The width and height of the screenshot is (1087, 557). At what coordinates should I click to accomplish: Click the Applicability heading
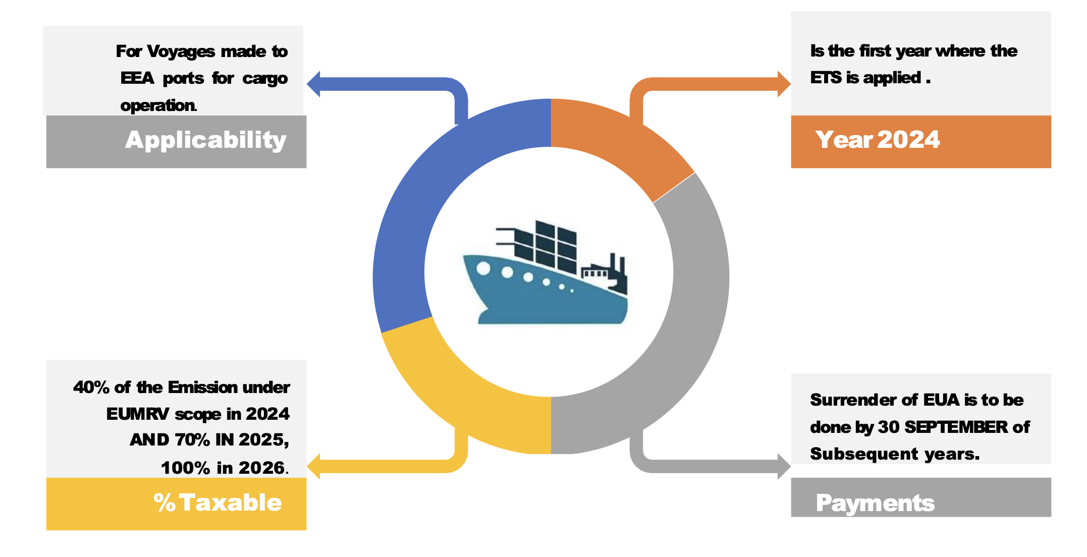click(x=205, y=140)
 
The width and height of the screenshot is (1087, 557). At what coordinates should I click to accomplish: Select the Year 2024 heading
click(x=877, y=140)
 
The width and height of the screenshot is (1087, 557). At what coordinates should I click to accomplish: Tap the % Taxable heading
click(x=218, y=503)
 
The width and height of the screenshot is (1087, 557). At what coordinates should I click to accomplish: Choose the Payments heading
click(x=875, y=503)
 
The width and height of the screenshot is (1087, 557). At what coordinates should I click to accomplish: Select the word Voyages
click(x=181, y=51)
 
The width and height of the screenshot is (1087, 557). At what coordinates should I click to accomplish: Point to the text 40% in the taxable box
click(x=91, y=387)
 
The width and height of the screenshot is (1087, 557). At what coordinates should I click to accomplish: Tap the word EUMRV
click(x=137, y=414)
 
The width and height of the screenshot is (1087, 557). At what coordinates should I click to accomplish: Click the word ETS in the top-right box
click(x=826, y=78)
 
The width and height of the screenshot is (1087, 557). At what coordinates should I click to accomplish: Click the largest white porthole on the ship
click(x=483, y=268)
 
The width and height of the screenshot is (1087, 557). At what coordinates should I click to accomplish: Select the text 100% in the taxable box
click(x=185, y=468)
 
